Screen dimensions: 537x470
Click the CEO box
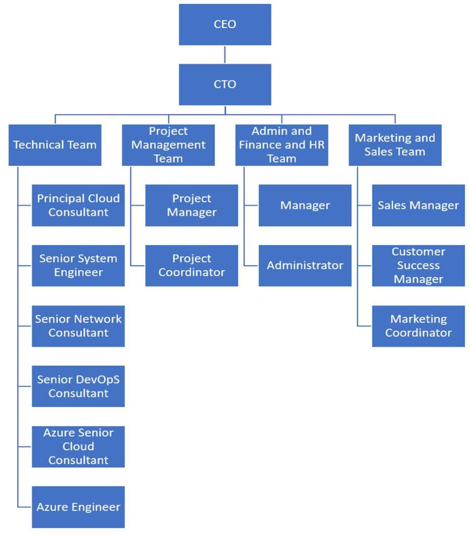[225, 24]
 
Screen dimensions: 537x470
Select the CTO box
[225, 84]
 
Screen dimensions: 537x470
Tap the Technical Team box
[55, 145]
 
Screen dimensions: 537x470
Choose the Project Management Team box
[168, 145]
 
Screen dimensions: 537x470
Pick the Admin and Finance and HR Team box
[281, 145]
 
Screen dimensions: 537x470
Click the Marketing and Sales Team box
[395, 145]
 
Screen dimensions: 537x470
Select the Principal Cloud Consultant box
[78, 205]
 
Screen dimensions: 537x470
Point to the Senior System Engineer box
[78, 265]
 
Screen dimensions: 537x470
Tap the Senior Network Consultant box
[78, 326]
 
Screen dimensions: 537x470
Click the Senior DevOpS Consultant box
[78, 386]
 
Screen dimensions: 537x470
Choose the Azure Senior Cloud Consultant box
[78, 447]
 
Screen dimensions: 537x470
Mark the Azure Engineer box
[78, 507]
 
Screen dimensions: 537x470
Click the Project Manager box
[192, 205]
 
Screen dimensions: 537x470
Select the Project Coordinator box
[192, 265]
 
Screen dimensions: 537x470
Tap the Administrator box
[305, 265]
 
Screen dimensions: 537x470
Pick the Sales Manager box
[418, 205]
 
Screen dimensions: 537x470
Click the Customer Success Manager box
[418, 265]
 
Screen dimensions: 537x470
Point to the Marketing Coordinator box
[418, 326]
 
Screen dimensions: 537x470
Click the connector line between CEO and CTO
[225, 54]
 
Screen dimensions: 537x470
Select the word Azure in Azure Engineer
[51, 507]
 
